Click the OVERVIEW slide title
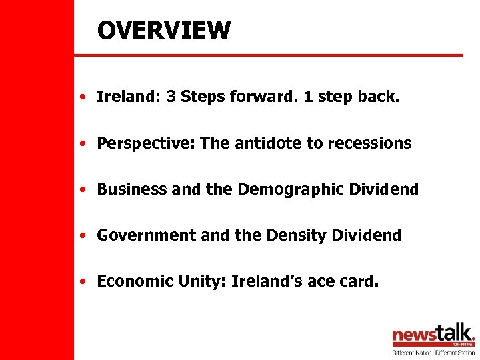click(x=163, y=30)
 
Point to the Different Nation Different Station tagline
click(x=433, y=352)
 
